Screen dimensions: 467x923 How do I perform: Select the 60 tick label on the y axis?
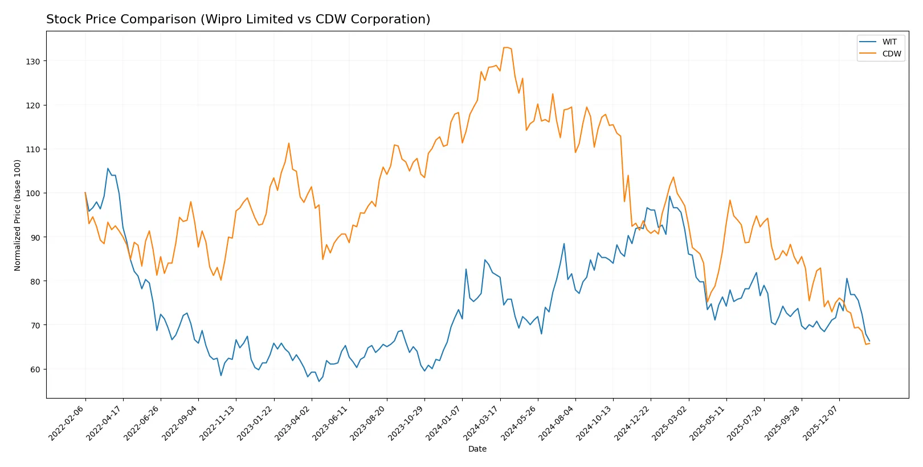(x=35, y=369)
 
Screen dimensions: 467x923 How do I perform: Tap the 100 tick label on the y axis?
(x=33, y=193)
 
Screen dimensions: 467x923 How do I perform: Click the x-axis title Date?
(x=477, y=449)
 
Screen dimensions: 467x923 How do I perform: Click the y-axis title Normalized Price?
(x=17, y=215)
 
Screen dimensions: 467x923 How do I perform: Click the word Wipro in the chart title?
(x=219, y=19)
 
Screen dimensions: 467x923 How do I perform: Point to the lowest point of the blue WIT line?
(x=318, y=381)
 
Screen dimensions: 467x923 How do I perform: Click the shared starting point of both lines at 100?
(x=85, y=193)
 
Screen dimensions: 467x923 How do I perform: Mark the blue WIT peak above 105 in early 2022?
(x=108, y=168)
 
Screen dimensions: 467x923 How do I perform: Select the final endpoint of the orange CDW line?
(x=869, y=343)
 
